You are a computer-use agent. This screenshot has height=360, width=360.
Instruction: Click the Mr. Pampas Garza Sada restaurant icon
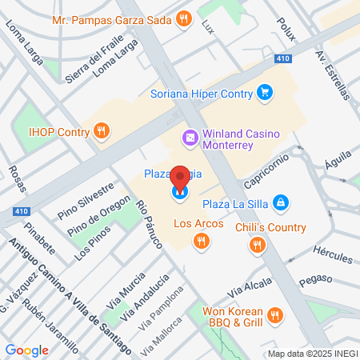(x=184, y=18)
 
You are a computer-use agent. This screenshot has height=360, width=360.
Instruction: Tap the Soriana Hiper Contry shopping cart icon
(x=265, y=94)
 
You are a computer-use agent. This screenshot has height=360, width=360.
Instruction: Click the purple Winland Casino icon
(x=190, y=138)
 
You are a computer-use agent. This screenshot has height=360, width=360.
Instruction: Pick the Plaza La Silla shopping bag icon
(x=281, y=203)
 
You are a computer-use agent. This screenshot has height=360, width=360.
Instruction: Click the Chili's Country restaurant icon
(x=257, y=246)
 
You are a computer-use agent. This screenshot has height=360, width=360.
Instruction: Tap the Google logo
(x=26, y=350)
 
